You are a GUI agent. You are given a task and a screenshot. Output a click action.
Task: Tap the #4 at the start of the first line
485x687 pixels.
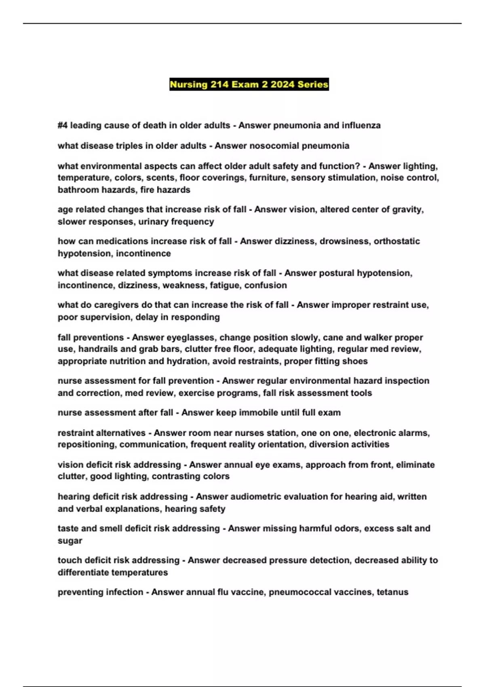coord(63,126)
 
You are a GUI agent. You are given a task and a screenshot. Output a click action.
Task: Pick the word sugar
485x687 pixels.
coord(70,541)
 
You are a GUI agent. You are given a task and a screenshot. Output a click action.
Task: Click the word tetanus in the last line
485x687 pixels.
coord(392,592)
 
